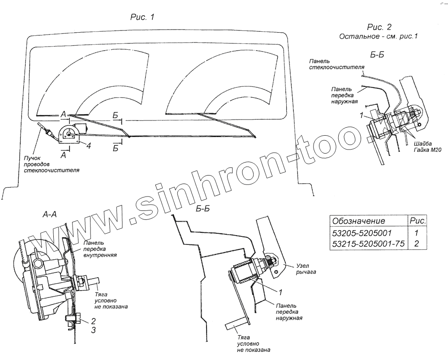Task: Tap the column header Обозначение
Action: pos(358,221)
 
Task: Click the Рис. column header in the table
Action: pos(418,221)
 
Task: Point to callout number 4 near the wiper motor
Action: pos(89,146)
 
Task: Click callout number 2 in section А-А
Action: pos(94,321)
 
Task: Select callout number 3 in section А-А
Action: pos(94,330)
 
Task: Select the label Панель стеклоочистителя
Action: pos(334,64)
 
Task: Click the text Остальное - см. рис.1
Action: pos(379,37)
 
